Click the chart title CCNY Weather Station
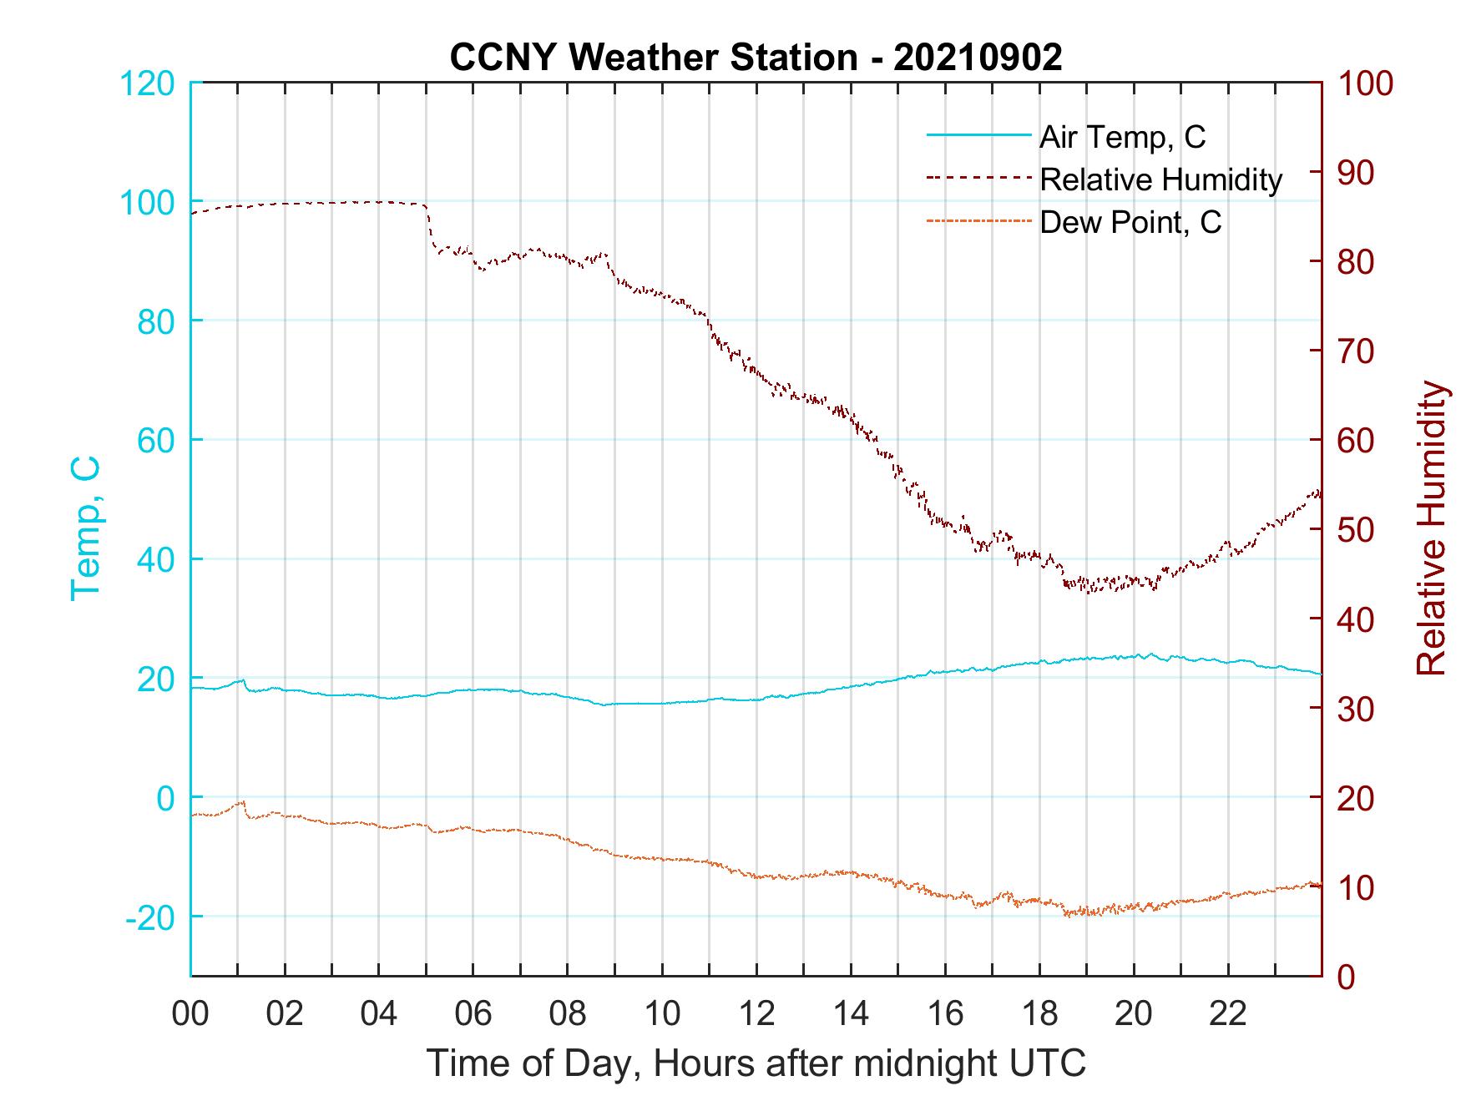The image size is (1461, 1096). [x=756, y=58]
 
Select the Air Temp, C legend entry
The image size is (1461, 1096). [x=1121, y=136]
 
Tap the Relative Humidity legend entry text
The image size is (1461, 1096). [x=1160, y=179]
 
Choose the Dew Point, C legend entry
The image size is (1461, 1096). [x=1130, y=223]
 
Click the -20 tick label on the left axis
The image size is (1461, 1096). [x=150, y=917]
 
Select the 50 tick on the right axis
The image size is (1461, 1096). [x=1357, y=530]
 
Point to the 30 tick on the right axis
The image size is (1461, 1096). [x=1357, y=709]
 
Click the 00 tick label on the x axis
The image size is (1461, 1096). [x=190, y=1014]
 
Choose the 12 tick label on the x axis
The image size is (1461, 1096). [x=756, y=1014]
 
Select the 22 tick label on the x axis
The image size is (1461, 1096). [x=1228, y=1014]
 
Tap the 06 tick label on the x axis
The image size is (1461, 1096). [x=473, y=1014]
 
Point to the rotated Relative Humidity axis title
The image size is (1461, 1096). [x=1430, y=528]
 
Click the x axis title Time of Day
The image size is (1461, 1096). [x=756, y=1063]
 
